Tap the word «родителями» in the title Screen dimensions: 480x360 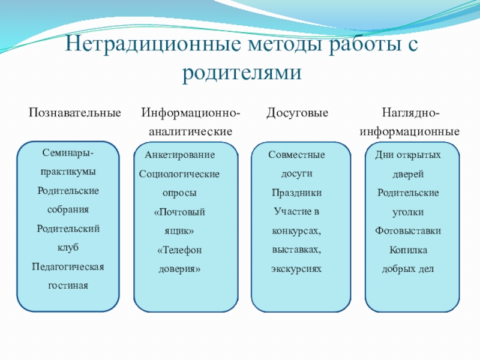point(240,73)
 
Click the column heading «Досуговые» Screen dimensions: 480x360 point(298,112)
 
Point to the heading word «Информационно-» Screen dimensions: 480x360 point(191,112)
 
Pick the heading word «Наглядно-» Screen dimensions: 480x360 point(410,112)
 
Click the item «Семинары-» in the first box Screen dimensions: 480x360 point(68,154)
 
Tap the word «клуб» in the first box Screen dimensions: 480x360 point(68,247)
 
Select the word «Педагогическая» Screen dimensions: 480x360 point(68,266)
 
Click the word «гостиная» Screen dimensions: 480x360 point(68,285)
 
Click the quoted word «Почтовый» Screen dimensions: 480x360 point(180,212)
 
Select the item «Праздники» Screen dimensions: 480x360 point(296,193)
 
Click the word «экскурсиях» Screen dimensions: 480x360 point(296,269)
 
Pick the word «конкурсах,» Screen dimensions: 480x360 point(296,231)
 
